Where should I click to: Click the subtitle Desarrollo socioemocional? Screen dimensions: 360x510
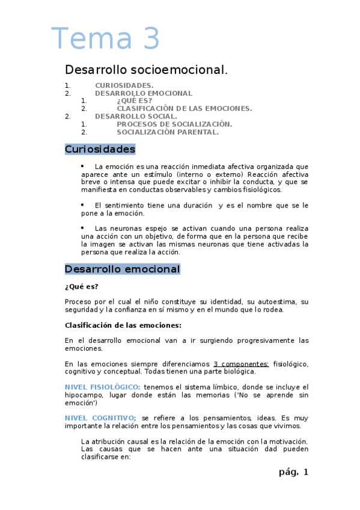(146, 70)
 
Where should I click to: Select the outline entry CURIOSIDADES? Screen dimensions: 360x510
(124, 85)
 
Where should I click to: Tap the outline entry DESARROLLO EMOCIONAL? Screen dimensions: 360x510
(144, 93)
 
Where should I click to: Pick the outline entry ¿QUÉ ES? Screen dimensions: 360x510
(134, 101)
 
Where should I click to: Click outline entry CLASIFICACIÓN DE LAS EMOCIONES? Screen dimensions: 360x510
(184, 109)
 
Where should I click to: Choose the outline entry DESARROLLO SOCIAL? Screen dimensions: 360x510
(136, 117)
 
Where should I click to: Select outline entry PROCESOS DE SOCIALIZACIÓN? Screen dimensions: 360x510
(174, 124)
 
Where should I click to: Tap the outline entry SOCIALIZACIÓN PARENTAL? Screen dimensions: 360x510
(168, 132)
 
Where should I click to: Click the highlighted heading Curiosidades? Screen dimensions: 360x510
(100, 149)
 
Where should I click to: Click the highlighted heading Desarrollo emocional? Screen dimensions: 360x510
(122, 269)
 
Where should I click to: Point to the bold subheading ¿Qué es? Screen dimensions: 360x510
(81, 286)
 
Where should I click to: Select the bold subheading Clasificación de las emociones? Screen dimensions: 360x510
(123, 325)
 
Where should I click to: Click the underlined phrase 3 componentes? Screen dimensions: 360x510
(241, 364)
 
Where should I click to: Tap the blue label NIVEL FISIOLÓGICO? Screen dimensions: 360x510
(102, 387)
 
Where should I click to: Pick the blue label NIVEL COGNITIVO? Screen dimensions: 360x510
(100, 417)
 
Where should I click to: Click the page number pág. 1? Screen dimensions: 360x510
(293, 472)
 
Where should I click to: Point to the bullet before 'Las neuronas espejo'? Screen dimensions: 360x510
(82, 228)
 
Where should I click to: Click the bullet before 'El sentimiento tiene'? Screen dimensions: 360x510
(82, 204)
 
